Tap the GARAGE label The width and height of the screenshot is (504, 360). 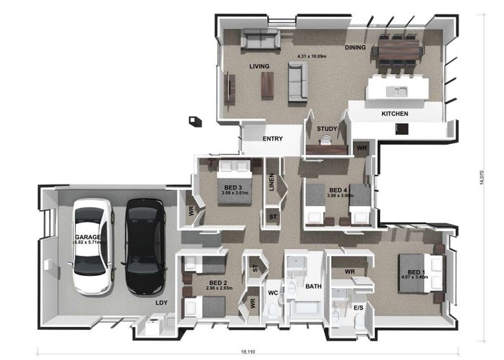(x=86, y=237)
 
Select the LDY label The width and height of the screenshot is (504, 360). (x=162, y=303)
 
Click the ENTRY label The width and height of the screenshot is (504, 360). (x=272, y=139)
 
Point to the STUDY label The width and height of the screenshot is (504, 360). (x=327, y=129)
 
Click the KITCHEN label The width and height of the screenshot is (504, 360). (x=395, y=114)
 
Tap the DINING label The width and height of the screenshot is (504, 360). (x=355, y=48)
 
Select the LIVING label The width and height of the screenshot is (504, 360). (x=259, y=66)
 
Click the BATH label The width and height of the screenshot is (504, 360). (x=312, y=287)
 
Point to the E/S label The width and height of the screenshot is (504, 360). (x=358, y=307)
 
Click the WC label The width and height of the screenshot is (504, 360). (x=273, y=294)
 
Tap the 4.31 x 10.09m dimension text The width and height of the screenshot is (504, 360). (x=312, y=55)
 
